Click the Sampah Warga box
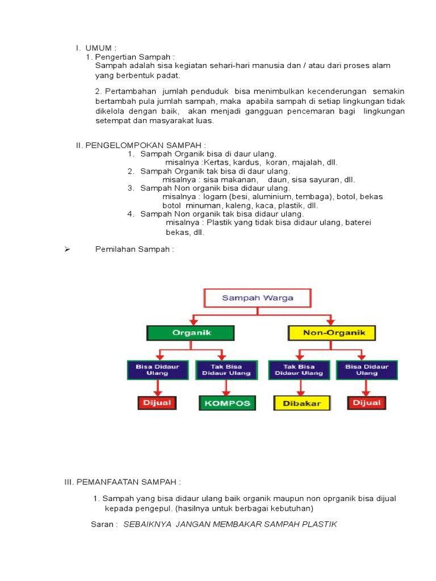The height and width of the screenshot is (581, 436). coord(257,298)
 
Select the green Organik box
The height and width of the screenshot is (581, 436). coord(191,333)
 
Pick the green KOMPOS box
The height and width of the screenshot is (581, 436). coord(227,403)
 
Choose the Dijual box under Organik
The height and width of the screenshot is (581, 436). coord(157,403)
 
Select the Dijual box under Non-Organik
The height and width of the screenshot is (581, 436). coord(367,403)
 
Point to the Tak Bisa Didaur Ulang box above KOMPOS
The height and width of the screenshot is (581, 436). coord(226,370)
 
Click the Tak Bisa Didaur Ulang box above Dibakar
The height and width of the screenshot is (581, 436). coord(299,370)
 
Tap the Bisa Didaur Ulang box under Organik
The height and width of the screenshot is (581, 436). coord(157,370)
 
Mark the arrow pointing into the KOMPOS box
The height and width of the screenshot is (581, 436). coord(227,388)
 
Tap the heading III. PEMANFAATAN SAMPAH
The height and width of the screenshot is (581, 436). coord(123,482)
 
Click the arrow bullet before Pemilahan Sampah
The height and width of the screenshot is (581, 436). coord(66,250)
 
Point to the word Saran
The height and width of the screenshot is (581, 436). coord(103,524)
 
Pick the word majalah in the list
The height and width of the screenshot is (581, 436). coord(305,163)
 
